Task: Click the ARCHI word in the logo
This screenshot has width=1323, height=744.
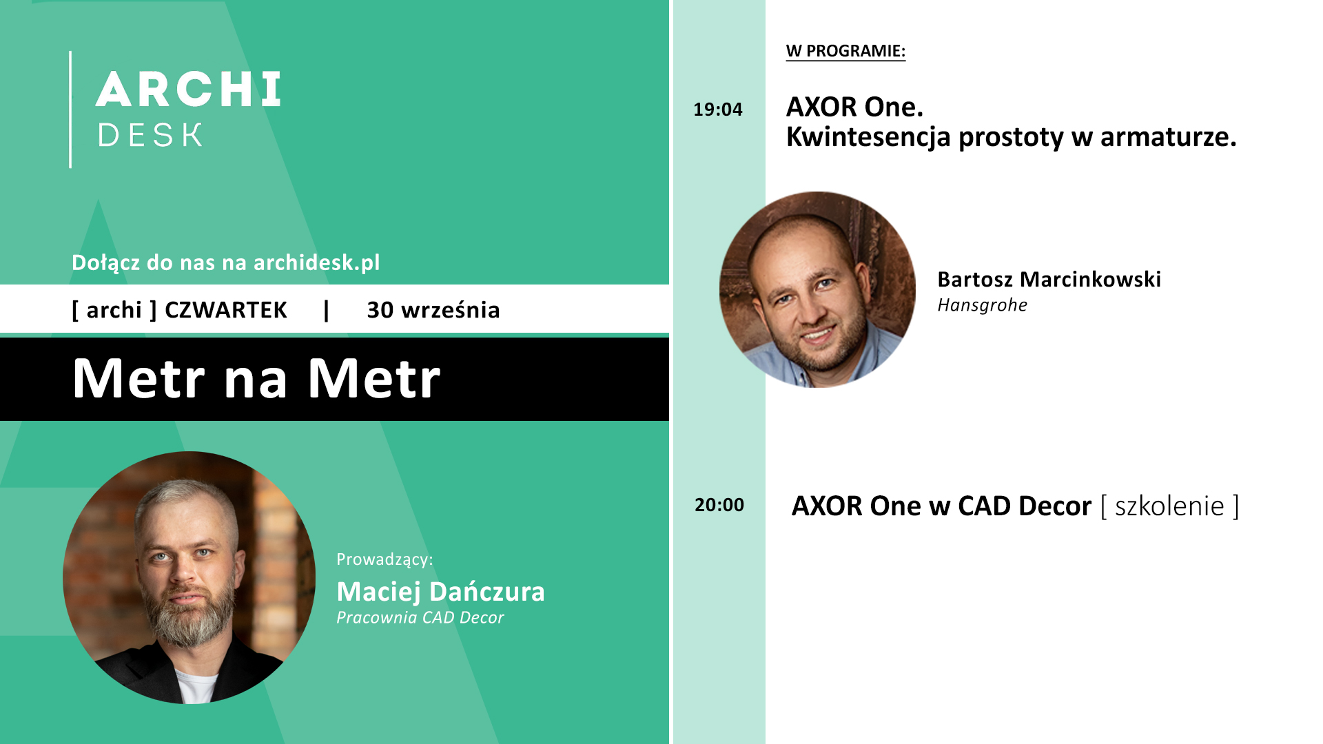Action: [188, 89]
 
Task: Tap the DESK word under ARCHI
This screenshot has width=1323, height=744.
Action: [150, 135]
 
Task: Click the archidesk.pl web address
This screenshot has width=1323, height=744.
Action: [316, 262]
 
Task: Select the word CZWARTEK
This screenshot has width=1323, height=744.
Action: [226, 310]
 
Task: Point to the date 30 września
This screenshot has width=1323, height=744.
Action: [433, 310]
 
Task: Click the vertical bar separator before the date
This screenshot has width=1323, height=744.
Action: [327, 310]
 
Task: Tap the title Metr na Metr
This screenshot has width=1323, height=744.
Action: [256, 378]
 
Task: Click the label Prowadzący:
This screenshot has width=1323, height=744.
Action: [384, 559]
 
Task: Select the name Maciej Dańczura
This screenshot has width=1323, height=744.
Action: [440, 592]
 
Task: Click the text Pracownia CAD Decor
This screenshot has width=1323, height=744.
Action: [420, 618]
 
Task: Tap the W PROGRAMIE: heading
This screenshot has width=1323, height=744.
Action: [845, 51]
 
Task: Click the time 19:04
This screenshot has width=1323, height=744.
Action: [718, 109]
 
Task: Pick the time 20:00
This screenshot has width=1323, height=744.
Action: [719, 505]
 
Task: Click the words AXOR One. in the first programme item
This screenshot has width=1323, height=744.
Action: [854, 107]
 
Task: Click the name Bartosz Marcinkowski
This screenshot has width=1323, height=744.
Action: [1049, 279]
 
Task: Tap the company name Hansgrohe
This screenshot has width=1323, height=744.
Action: [983, 305]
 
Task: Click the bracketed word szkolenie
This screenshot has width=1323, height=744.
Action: [1169, 506]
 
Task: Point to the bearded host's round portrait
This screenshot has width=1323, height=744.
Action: [189, 577]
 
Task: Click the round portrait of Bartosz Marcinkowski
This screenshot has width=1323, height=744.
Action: [817, 289]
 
